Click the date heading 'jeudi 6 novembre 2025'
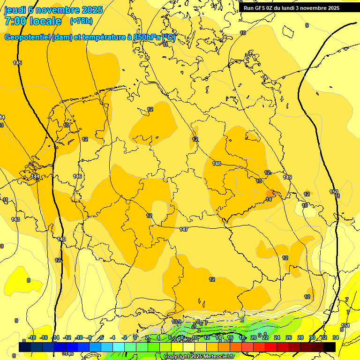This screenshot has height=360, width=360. pyautogui.click(x=53, y=10)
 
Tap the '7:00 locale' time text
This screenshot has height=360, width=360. pyautogui.click(x=33, y=21)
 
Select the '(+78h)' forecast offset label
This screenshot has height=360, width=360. pyautogui.click(x=81, y=21)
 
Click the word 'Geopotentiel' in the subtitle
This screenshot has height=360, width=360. pyautogui.click(x=27, y=37)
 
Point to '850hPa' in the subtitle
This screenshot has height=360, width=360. pyautogui.click(x=147, y=37)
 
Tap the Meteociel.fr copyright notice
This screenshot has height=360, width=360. pyautogui.click(x=199, y=356)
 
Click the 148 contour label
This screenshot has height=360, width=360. pyautogui.click(x=217, y=164)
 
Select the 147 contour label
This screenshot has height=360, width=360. pyautogui.click(x=184, y=229)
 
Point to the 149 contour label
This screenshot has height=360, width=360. pyautogui.click(x=287, y=177)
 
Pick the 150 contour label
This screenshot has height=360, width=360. pyautogui.click(x=334, y=192)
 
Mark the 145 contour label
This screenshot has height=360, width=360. pyautogui.click(x=18, y=63)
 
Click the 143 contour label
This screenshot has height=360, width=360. pyautogui.click(x=15, y=219)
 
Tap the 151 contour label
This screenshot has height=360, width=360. pyautogui.click(x=345, y=325)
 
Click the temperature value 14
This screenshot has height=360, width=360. pyautogui.click(x=269, y=199)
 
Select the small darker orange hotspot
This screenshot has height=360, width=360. pyautogui.click(x=270, y=193)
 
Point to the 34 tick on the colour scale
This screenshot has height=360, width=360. pyautogui.click(x=336, y=337)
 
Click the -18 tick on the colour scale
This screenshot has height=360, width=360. pyautogui.click(x=32, y=337)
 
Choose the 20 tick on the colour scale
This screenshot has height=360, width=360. pyautogui.click(x=254, y=337)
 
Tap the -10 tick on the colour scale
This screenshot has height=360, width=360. pyautogui.click(x=79, y=337)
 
